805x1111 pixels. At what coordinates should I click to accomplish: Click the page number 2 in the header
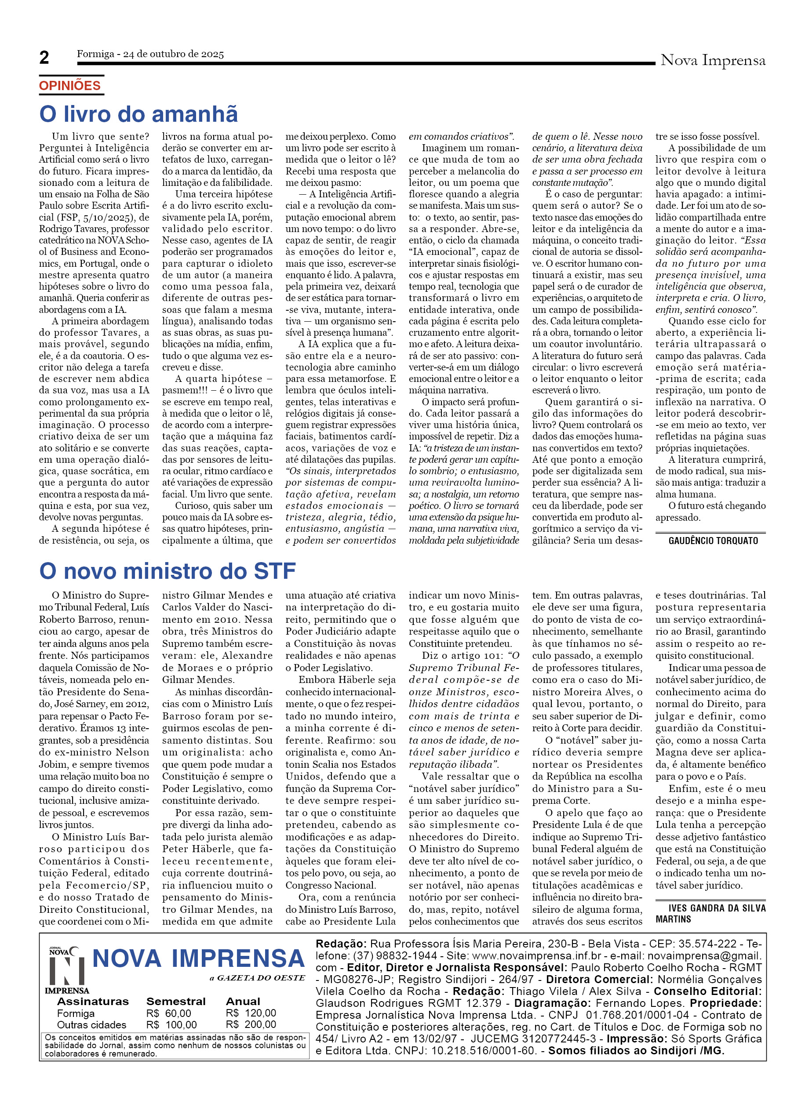(44, 57)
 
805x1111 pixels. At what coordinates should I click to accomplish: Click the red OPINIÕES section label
(69, 86)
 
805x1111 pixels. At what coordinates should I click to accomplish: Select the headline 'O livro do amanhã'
(138, 114)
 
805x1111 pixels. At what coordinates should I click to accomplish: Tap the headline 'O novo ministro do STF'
(167, 571)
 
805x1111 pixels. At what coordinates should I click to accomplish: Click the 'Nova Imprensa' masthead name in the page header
(712, 60)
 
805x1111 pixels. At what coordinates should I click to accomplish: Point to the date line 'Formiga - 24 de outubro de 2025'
(150, 54)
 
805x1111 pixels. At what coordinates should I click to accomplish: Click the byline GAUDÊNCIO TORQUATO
(713, 541)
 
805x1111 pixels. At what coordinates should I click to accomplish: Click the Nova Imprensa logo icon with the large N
(67, 971)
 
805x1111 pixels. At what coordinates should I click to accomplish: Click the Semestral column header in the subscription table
(175, 1001)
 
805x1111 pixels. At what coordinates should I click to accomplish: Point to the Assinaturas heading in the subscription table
(93, 1001)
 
